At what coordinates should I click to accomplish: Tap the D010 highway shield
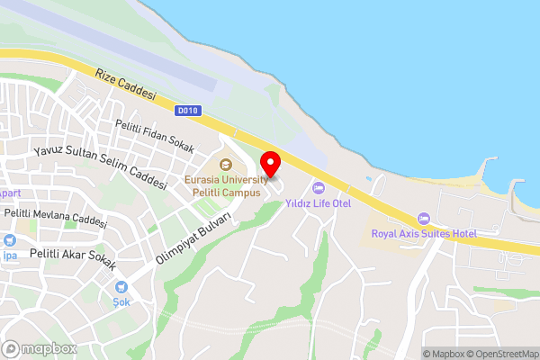(x=188, y=111)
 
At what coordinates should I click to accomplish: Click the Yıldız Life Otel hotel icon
(x=317, y=188)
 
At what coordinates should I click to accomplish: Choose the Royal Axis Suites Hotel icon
(x=424, y=219)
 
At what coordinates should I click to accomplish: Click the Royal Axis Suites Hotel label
(x=424, y=234)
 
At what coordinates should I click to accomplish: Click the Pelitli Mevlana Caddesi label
(x=56, y=217)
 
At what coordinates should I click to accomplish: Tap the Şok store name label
(x=121, y=302)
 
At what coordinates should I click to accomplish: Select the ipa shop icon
(x=9, y=240)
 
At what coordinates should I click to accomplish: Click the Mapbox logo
(x=39, y=348)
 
